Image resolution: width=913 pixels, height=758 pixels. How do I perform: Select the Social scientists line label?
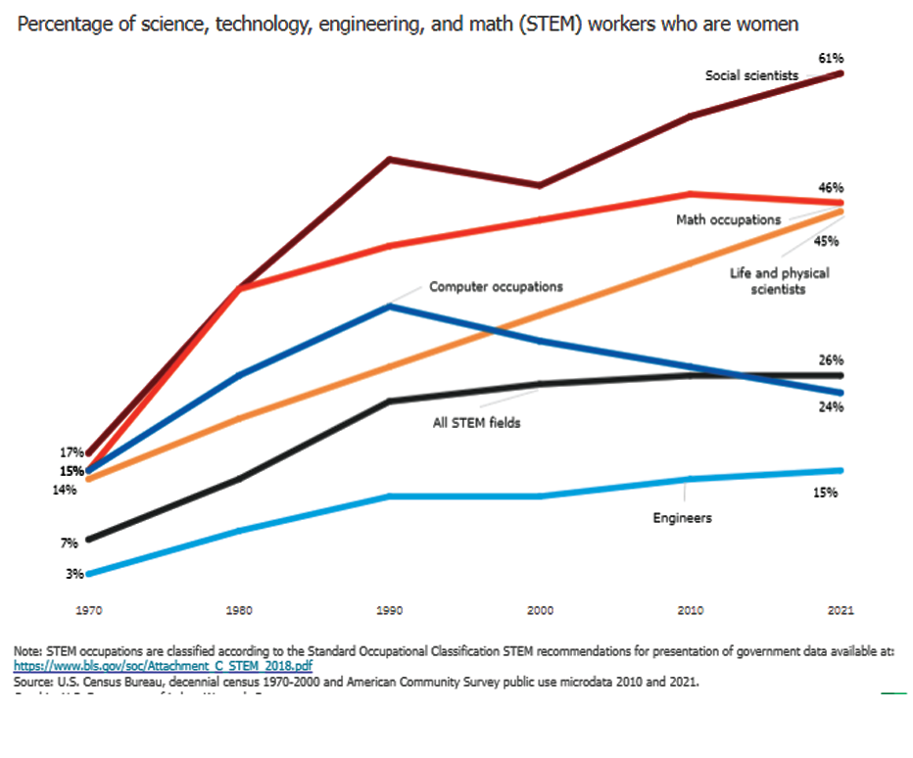coord(751,75)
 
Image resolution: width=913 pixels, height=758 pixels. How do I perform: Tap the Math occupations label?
coord(728,220)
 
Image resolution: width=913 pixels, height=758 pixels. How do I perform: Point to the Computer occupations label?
coord(496,287)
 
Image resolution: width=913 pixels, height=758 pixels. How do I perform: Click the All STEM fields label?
coord(477,424)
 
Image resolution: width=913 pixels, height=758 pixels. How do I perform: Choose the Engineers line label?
coord(682,517)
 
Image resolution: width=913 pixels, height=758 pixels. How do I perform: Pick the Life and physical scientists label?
coord(779,281)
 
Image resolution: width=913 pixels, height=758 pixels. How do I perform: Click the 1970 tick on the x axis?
coord(90,610)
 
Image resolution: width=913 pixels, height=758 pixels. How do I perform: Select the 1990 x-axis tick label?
coord(390,610)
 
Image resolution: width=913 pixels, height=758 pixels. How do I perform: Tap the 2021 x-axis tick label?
coord(841,610)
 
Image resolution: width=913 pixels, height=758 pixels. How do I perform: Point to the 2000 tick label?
coord(540,610)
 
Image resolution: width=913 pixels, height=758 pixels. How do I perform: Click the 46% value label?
coord(832,187)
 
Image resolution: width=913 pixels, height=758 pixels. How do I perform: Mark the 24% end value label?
coord(832,406)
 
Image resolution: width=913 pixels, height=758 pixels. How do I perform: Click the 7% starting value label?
coord(69,543)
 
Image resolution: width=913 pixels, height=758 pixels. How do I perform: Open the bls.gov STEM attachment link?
coord(163,665)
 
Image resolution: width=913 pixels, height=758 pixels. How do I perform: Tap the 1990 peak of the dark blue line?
coord(390,306)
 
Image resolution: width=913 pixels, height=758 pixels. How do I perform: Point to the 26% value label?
coord(832,360)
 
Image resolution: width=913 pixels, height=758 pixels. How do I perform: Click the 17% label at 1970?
coord(72,452)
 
